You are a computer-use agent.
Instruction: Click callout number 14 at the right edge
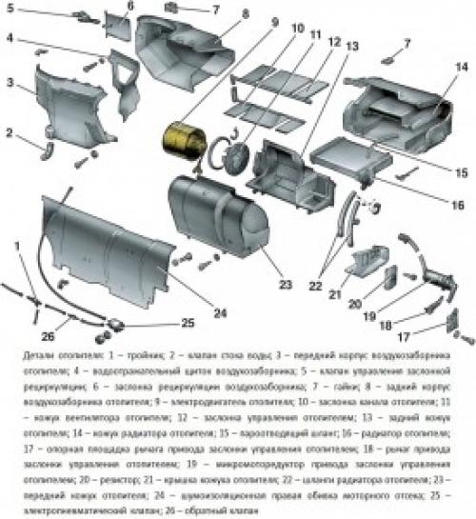(461, 67)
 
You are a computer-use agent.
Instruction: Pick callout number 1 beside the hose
(18, 246)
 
